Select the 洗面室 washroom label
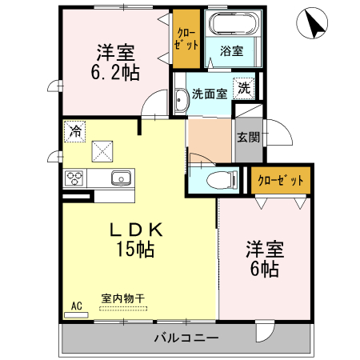tap(209, 94)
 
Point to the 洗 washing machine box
tap(242, 88)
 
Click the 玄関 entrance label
tap(247, 137)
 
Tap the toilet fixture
tap(215, 180)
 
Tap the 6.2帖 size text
tap(114, 73)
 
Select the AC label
tap(77, 305)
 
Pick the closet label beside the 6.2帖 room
tap(186, 37)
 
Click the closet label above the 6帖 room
tap(280, 180)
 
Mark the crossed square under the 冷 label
tap(102, 150)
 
